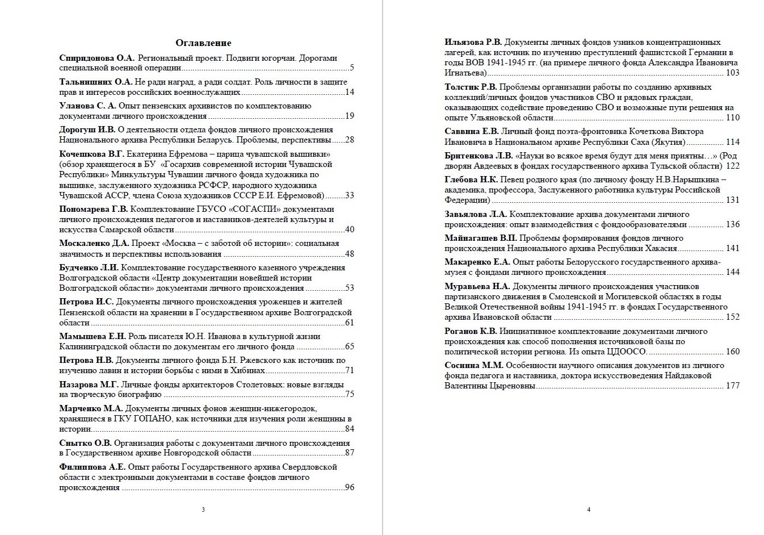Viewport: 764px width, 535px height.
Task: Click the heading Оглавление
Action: [x=203, y=43]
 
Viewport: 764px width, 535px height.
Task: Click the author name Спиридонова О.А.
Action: [x=97, y=58]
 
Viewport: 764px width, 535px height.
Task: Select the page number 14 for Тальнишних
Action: [x=349, y=92]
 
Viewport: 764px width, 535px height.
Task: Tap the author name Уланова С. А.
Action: [x=87, y=106]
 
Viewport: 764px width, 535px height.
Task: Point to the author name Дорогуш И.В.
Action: [x=87, y=129]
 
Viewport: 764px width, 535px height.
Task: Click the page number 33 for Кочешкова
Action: [x=349, y=195]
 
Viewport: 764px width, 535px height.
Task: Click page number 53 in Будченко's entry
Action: [x=349, y=288]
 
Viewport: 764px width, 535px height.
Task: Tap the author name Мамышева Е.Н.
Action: [x=93, y=336]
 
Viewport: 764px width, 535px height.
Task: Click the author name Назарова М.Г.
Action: [x=89, y=384]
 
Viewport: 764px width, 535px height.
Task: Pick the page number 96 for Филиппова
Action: [x=349, y=487]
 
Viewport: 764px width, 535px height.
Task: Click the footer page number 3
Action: [x=203, y=509]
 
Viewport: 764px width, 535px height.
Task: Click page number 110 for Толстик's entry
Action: [x=733, y=118]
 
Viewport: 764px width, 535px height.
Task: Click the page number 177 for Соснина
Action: [x=733, y=386]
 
